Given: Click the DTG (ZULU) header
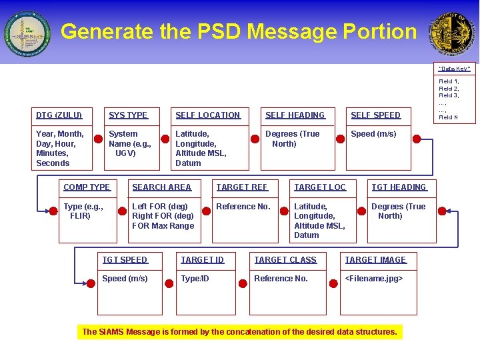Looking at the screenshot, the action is [59, 115].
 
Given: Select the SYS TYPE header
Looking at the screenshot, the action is [128, 115].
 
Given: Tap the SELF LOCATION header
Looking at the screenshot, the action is [207, 115].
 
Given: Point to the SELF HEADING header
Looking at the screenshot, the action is [295, 115].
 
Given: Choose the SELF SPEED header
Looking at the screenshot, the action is [375, 115].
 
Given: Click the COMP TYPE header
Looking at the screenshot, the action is [87, 187].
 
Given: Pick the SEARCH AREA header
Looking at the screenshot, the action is [161, 187].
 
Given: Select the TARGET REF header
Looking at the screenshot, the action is [241, 187].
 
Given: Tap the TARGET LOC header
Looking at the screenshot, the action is [320, 187].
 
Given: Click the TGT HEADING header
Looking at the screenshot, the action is [399, 187].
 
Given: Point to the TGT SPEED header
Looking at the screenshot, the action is [125, 260].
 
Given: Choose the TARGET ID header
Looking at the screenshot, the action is [202, 260].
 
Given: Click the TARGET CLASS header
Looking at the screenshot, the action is [285, 260].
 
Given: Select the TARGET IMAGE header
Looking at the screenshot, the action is [375, 260].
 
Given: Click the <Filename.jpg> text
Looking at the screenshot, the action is [373, 279].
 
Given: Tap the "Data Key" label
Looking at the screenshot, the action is [454, 69].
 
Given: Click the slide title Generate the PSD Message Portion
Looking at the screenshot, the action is [238, 31].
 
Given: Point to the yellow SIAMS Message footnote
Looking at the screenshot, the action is [239, 331].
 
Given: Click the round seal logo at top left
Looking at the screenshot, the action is [27, 33].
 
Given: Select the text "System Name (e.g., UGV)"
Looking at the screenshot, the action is [130, 143].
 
